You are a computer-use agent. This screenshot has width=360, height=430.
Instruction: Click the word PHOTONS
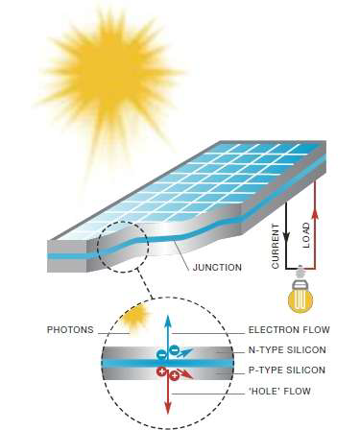[70, 330]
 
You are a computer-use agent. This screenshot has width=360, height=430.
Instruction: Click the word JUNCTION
[217, 267]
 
